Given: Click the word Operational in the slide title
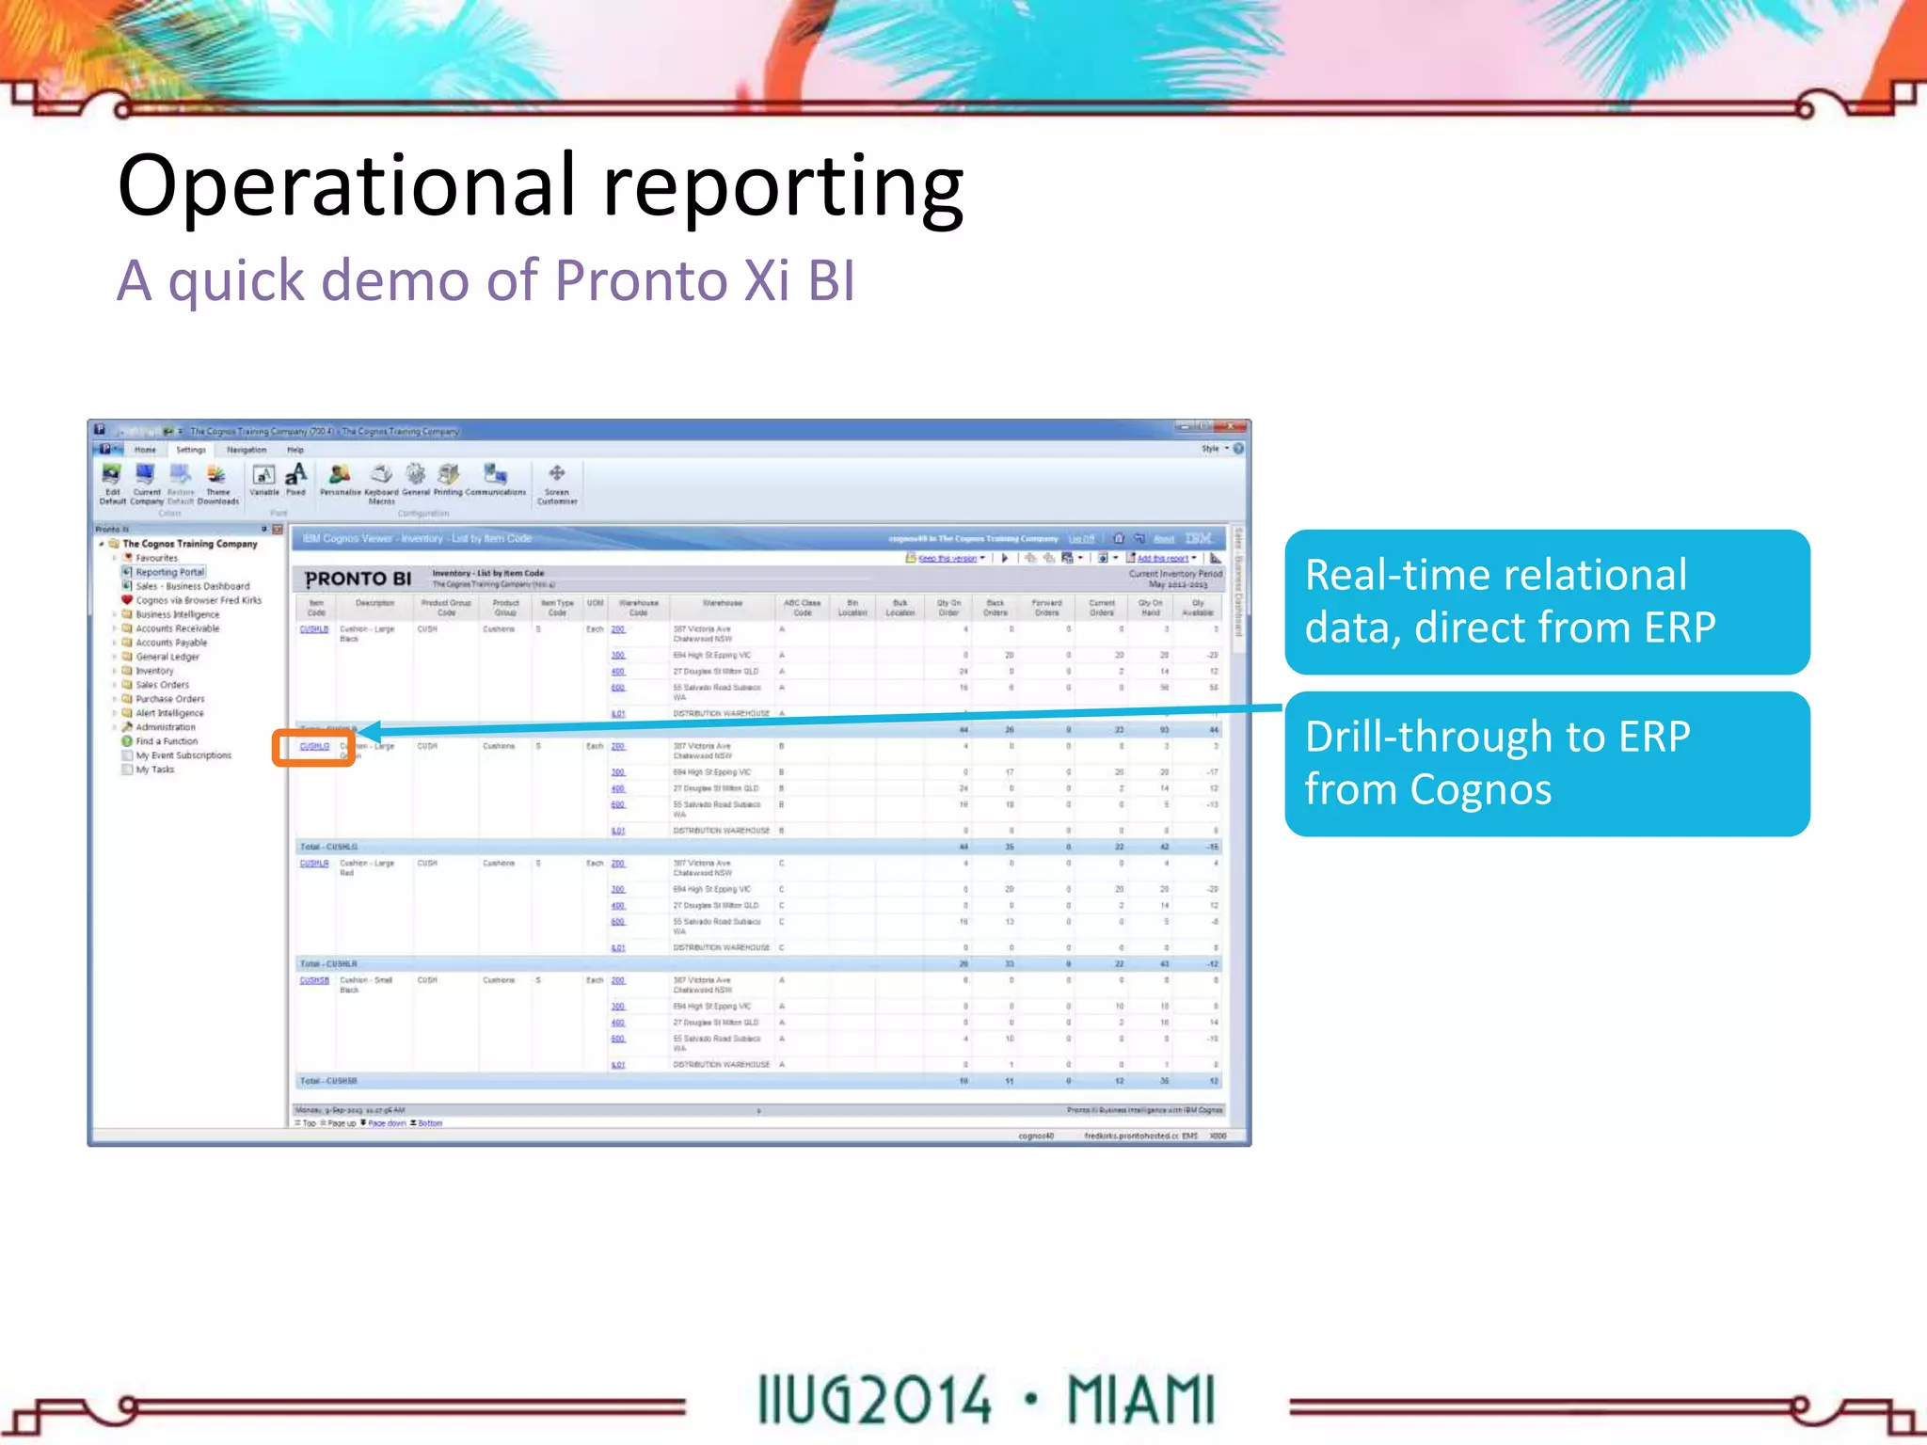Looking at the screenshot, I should (x=344, y=185).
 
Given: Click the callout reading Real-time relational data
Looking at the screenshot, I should (x=1546, y=602).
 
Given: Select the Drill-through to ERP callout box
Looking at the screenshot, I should (x=1546, y=764).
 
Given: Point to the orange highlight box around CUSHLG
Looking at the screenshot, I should (x=313, y=748).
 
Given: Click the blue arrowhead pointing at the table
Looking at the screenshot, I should (x=370, y=731).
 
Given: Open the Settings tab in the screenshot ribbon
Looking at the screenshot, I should (x=191, y=450).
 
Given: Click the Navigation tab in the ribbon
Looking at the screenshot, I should (x=247, y=450).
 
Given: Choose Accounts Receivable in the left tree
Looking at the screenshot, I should (x=177, y=628).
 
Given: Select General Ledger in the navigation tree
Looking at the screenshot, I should (x=167, y=657).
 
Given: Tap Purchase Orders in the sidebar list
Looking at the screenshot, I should (x=169, y=699).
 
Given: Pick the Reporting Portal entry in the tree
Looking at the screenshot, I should (x=169, y=572).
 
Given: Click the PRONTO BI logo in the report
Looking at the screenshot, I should (x=358, y=580).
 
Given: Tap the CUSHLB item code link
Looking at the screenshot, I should (x=314, y=629).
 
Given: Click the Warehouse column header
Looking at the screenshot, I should (x=722, y=603).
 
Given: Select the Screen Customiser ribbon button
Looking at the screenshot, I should (x=557, y=484).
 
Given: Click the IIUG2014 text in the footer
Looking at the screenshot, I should (x=874, y=1400).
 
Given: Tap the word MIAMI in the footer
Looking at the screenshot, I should (x=1141, y=1400).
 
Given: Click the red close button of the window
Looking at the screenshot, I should (x=1230, y=427).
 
